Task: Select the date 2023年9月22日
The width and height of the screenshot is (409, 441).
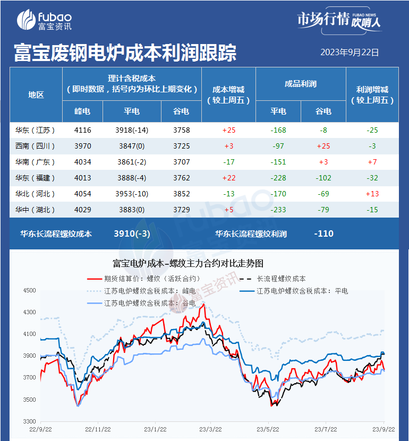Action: (x=350, y=53)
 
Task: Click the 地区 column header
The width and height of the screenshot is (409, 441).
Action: (x=36, y=95)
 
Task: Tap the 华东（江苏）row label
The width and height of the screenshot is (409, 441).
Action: (x=36, y=129)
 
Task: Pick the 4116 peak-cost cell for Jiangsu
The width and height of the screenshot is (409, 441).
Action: (x=82, y=129)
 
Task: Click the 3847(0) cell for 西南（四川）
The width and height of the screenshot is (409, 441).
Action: (x=132, y=145)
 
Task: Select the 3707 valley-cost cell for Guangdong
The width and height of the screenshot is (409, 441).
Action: (x=181, y=161)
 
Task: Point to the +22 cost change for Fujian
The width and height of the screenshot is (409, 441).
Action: (x=228, y=178)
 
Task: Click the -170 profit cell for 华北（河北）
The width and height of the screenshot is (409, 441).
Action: (x=278, y=194)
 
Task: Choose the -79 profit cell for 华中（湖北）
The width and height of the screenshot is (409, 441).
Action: (x=323, y=210)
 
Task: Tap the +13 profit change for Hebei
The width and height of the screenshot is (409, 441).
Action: (x=372, y=194)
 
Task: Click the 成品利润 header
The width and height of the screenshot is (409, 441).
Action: (x=301, y=84)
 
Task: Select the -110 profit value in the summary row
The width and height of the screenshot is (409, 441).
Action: (x=323, y=233)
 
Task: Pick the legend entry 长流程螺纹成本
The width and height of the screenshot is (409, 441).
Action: (x=281, y=279)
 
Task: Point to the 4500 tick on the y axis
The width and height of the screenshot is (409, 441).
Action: (x=29, y=290)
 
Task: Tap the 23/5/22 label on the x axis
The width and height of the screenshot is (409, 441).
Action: (x=267, y=428)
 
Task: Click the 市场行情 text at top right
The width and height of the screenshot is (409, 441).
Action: (x=322, y=20)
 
